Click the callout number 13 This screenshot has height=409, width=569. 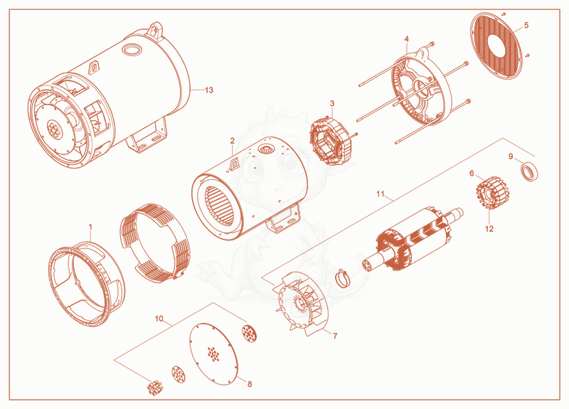[209, 90]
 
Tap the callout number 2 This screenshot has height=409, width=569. [233, 140]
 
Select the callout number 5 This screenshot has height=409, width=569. [526, 25]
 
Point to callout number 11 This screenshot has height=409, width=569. [380, 193]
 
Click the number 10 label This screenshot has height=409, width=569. [159, 319]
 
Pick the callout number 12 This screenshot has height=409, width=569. [489, 228]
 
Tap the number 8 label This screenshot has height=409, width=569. [250, 384]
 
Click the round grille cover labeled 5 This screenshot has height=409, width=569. [496, 46]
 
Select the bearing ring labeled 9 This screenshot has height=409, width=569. [529, 172]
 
